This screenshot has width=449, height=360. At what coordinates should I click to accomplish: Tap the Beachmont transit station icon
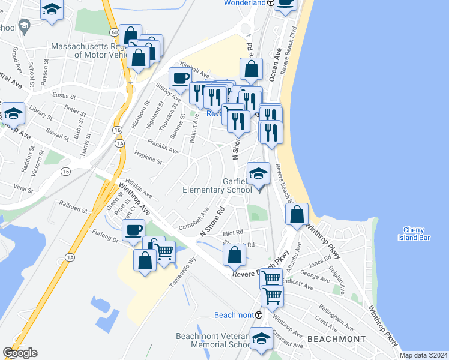(x=259, y=315)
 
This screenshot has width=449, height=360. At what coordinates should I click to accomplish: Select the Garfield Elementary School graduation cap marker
(x=258, y=175)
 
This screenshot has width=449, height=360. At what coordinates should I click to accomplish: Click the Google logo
(x=20, y=353)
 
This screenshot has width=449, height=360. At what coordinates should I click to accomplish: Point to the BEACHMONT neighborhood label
(x=336, y=339)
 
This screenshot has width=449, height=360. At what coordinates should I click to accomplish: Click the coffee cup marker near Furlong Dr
(x=133, y=230)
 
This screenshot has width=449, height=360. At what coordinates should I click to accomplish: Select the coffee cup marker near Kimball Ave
(x=180, y=78)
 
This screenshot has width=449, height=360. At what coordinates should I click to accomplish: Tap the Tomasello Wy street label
(x=184, y=272)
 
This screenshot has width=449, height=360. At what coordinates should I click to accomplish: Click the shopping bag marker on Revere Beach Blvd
(x=298, y=215)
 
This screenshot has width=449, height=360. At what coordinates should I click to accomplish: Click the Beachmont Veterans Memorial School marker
(x=261, y=339)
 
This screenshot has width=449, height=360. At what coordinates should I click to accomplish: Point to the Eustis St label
(x=64, y=95)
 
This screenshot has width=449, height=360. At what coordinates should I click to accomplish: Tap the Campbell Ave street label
(x=193, y=220)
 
